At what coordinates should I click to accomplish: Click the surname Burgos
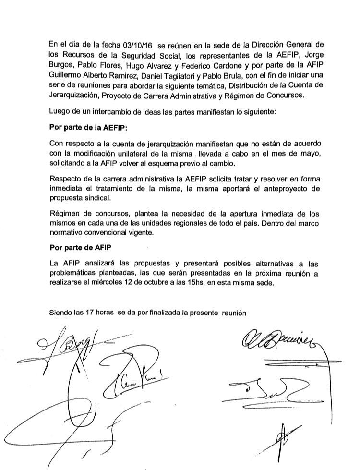[61, 65]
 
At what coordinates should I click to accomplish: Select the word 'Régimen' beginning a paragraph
[65, 213]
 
